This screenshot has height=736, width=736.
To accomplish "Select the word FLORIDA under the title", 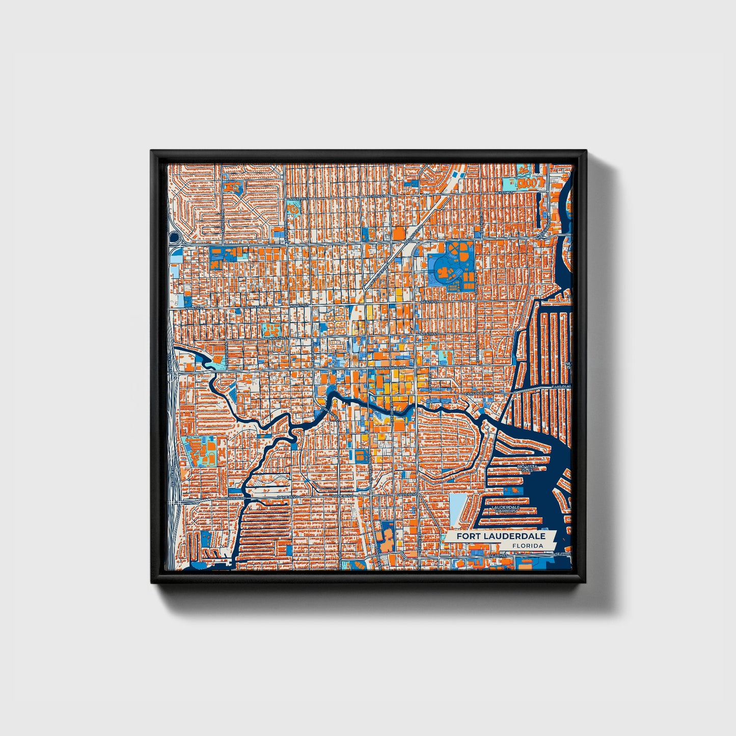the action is (x=528, y=546).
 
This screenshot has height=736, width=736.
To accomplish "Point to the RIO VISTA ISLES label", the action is (x=527, y=468).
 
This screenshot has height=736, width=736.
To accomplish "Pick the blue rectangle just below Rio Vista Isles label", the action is (x=513, y=490).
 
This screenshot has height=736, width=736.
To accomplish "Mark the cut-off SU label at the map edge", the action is (x=569, y=295).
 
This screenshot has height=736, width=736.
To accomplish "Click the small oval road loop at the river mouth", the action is (x=486, y=425).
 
